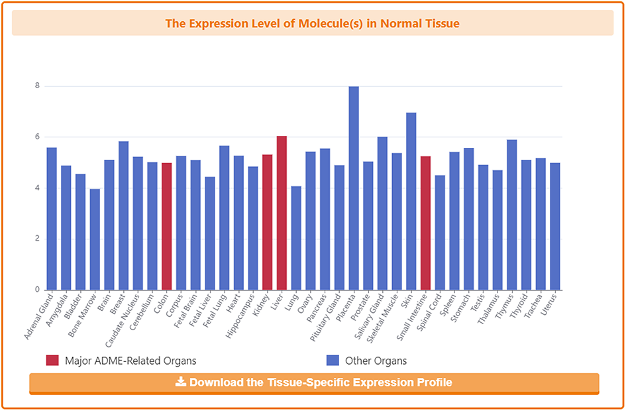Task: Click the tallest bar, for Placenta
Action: click(354, 188)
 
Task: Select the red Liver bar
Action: click(282, 213)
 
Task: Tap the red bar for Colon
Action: click(167, 226)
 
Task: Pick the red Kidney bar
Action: click(268, 222)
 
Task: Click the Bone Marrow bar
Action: click(95, 239)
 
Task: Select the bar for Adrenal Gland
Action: click(52, 219)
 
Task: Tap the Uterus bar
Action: click(555, 226)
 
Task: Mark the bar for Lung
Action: click(296, 238)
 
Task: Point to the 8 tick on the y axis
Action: click(37, 86)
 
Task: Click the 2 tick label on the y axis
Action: click(37, 239)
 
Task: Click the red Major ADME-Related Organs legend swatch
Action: click(52, 361)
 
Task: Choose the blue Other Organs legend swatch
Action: click(333, 361)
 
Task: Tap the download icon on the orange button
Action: click(181, 382)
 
